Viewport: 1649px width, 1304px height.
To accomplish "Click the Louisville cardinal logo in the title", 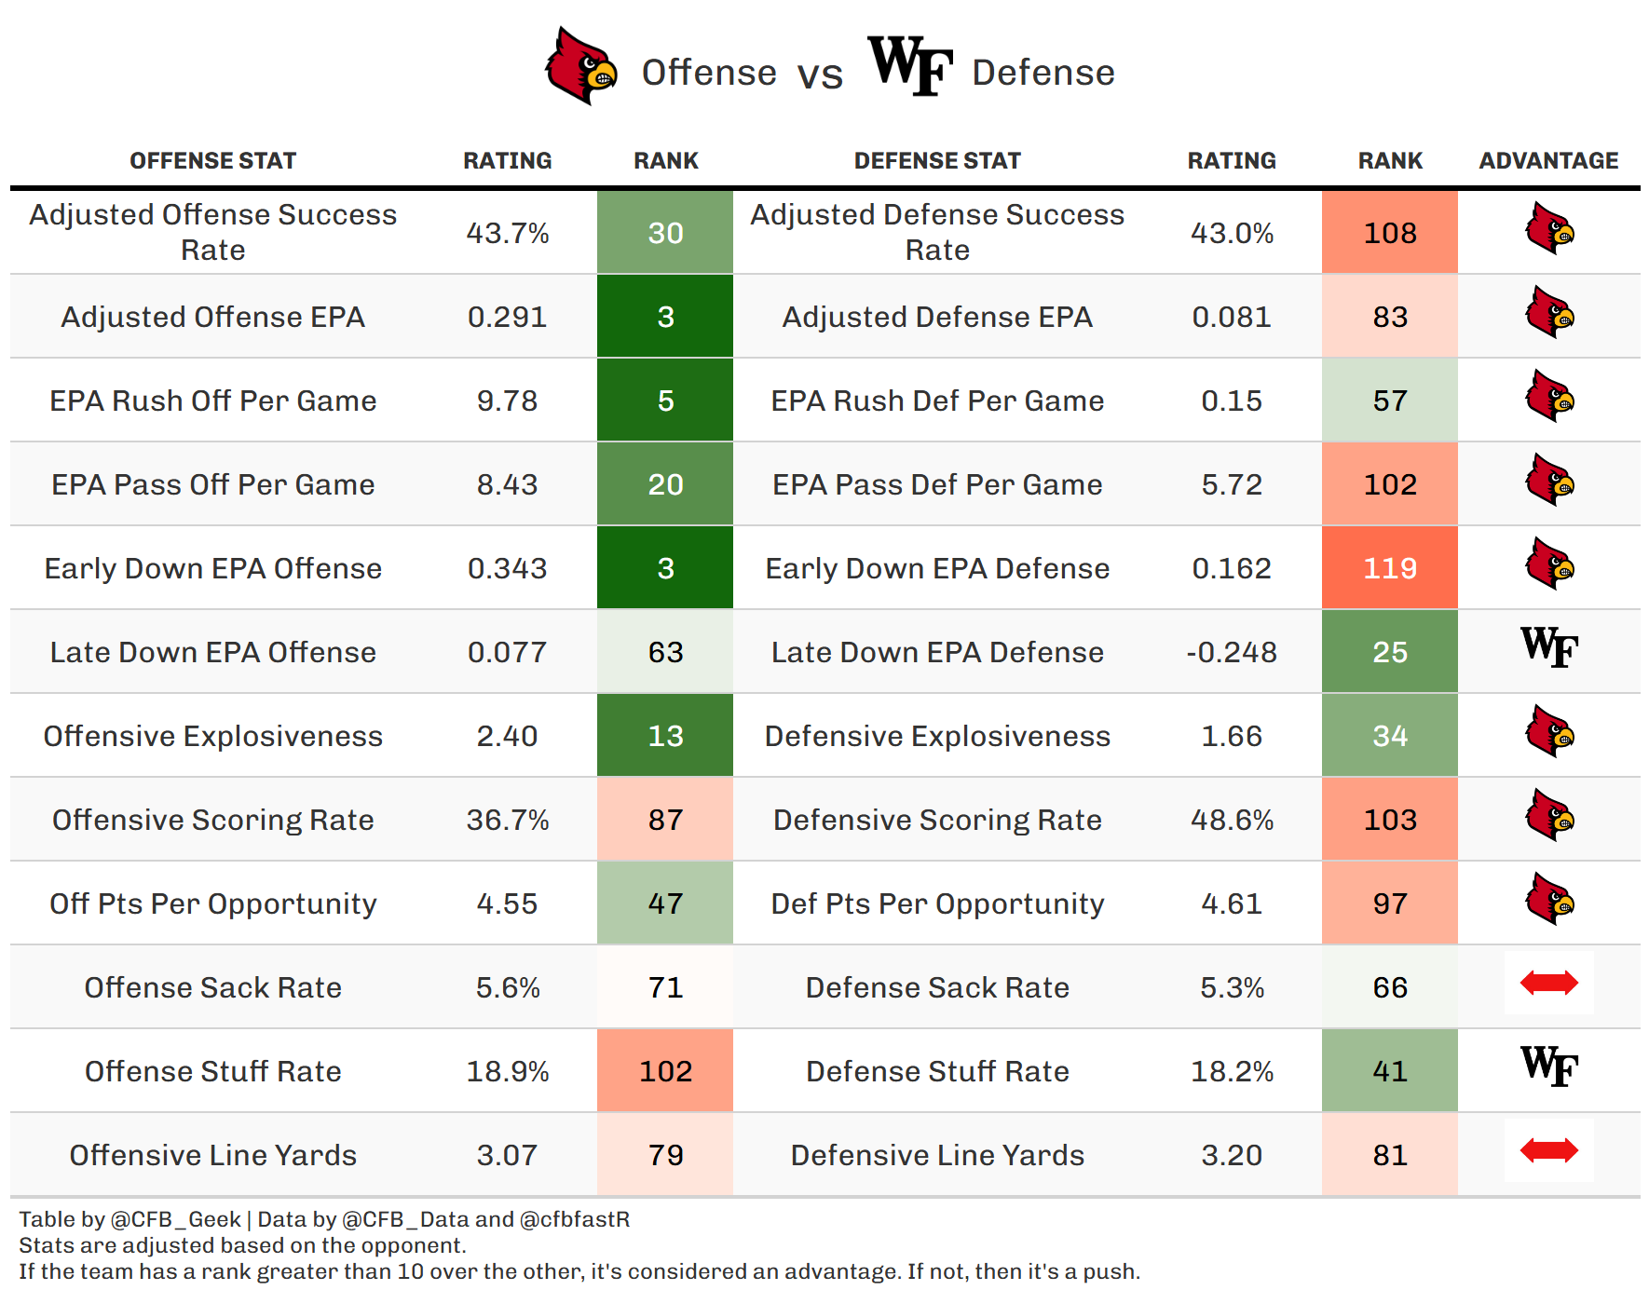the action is [x=581, y=65].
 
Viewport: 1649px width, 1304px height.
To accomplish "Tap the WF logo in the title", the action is [x=910, y=65].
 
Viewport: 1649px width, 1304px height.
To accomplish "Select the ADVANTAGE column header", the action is [x=1548, y=160].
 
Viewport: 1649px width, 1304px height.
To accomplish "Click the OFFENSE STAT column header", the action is [x=212, y=160].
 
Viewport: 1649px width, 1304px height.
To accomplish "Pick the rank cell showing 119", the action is [x=1390, y=567].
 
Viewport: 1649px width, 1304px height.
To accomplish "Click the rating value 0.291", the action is [x=507, y=317].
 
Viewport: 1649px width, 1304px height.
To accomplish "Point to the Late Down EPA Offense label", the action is [x=212, y=652].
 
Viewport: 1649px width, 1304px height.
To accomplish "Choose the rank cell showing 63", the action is [x=665, y=651].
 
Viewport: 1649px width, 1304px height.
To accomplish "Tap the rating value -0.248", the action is [x=1232, y=652].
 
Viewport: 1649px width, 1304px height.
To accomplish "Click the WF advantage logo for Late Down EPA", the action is [x=1549, y=646].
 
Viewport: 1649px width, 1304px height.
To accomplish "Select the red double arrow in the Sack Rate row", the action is [x=1549, y=983].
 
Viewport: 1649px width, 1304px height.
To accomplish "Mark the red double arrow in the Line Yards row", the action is [x=1549, y=1150].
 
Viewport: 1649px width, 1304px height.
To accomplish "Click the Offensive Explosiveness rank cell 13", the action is [x=665, y=735].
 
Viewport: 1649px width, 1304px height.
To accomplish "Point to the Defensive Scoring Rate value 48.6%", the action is [x=1232, y=820].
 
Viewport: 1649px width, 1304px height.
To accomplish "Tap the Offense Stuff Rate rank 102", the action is [x=665, y=1070].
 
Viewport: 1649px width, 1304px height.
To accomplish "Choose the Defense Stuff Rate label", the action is [x=937, y=1071].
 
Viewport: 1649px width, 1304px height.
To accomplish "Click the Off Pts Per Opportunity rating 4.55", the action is [x=507, y=903].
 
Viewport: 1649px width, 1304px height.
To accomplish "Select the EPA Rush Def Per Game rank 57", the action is [x=1390, y=400].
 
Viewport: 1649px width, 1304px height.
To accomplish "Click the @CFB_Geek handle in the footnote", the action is [x=176, y=1219].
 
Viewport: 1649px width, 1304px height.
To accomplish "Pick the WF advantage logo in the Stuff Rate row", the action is [x=1549, y=1066].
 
